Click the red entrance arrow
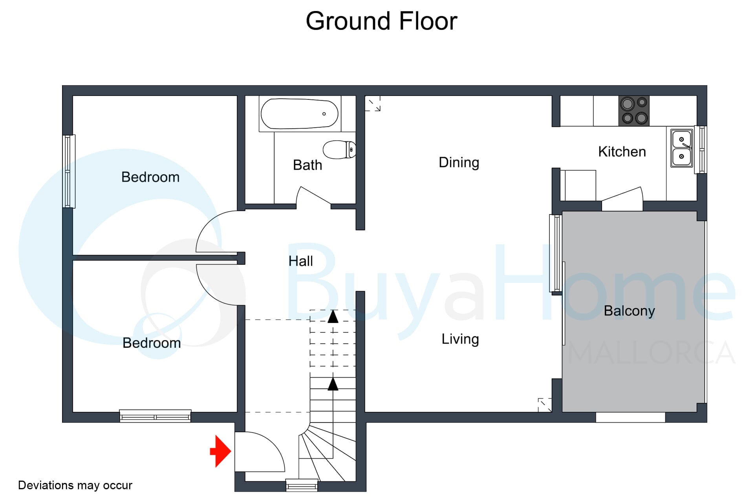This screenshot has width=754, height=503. tap(221, 451)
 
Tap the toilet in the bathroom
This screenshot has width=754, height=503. tap(339, 149)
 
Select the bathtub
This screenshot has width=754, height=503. tap(300, 114)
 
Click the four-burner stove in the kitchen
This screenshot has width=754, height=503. tap(634, 111)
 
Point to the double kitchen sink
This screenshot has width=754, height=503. tap(681, 148)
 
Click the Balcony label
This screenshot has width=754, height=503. tap(629, 311)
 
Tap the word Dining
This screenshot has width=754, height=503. tap(459, 163)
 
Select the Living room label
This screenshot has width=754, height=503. tap(460, 339)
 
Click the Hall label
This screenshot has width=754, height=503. tap(300, 261)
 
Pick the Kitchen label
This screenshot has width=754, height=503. tap(622, 152)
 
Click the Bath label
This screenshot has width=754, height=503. tap(307, 165)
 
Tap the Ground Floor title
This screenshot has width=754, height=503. tap(381, 21)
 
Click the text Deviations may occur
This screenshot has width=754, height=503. tap(75, 485)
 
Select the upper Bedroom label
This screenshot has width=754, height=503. tap(150, 177)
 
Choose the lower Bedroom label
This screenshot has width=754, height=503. tap(152, 343)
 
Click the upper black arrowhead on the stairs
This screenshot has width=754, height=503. tap(333, 316)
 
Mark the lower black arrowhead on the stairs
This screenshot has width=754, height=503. tap(333, 384)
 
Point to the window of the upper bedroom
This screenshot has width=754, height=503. tap(69, 171)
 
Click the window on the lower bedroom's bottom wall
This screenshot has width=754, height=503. tap(155, 416)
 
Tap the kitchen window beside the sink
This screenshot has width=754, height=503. tap(701, 149)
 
